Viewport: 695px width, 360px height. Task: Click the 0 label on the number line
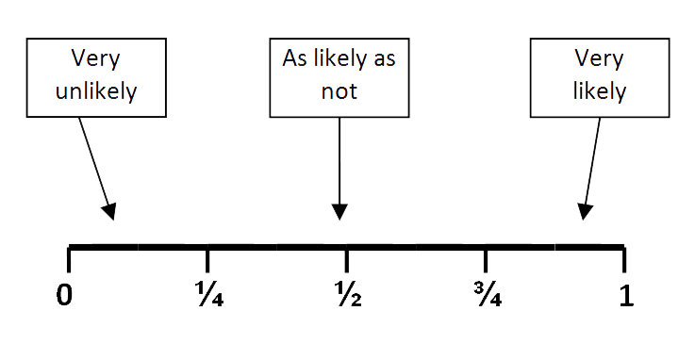64,295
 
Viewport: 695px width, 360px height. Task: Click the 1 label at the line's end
625,295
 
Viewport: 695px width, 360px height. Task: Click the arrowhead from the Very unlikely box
110,212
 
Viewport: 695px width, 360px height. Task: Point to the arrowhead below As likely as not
340,212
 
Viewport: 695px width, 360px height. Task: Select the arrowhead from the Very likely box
587,212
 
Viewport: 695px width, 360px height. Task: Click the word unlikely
96,91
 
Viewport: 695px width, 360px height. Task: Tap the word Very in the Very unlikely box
96,58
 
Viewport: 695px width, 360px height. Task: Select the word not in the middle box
339,91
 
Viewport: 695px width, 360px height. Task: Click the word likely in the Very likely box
601,91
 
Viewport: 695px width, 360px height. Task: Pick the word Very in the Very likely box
601,58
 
